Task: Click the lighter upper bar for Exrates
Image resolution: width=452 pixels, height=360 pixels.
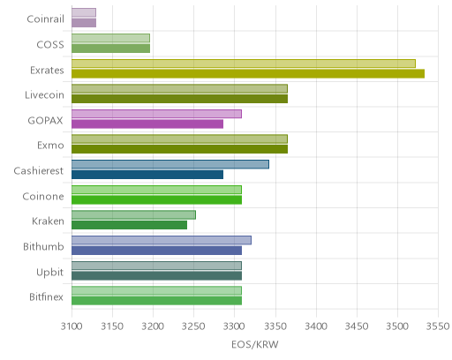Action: pyautogui.click(x=244, y=64)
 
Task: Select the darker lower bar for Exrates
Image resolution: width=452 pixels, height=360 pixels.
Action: pyautogui.click(x=248, y=74)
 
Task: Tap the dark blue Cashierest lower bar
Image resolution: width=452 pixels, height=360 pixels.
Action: pyautogui.click(x=147, y=175)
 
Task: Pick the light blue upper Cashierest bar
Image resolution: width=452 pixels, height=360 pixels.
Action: pyautogui.click(x=170, y=164)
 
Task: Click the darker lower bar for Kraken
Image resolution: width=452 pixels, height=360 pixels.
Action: pyautogui.click(x=130, y=225)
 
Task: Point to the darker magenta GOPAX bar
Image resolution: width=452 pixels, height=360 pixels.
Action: pyautogui.click(x=147, y=124)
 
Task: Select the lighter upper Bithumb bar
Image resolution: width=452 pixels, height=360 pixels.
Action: pyautogui.click(x=162, y=240)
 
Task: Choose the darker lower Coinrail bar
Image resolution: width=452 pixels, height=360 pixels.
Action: pyautogui.click(x=84, y=23)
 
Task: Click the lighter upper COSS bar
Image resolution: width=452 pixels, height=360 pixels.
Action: pyautogui.click(x=110, y=38)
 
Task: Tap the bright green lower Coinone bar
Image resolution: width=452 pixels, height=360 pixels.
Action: pyautogui.click(x=157, y=200)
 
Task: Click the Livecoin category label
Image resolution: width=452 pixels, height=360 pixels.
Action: pyautogui.click(x=44, y=95)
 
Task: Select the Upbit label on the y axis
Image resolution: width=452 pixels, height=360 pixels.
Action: pyautogui.click(x=49, y=273)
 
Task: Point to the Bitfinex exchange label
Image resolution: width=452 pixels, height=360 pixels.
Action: pyautogui.click(x=46, y=296)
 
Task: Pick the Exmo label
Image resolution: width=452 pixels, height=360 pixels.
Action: pyautogui.click(x=50, y=146)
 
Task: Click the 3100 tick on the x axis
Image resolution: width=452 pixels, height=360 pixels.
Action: pyautogui.click(x=72, y=326)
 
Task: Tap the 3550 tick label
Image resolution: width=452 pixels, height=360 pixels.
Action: pyautogui.click(x=438, y=326)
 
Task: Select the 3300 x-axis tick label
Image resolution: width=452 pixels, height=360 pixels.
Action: pyautogui.click(x=235, y=326)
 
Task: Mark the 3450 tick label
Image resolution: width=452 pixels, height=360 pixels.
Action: pyautogui.click(x=357, y=326)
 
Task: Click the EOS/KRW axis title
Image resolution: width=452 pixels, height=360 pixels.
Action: pyautogui.click(x=255, y=344)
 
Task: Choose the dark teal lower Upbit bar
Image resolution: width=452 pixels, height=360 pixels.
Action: pyautogui.click(x=157, y=276)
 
